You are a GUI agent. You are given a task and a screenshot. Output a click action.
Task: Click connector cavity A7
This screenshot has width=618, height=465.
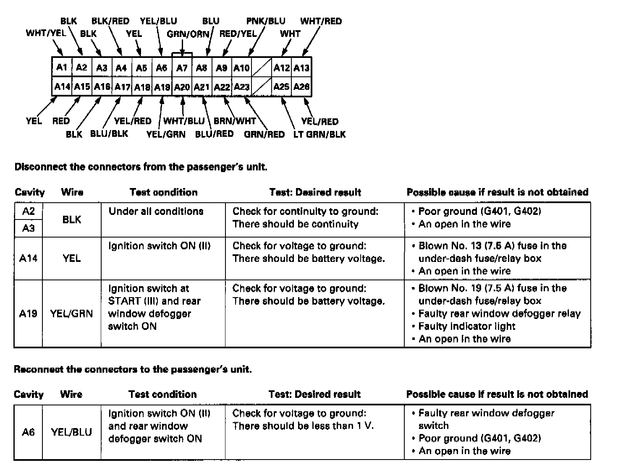182,68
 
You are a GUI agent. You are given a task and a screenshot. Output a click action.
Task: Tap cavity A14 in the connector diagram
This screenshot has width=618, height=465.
62,87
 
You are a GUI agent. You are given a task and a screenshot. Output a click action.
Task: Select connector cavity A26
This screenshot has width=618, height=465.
301,87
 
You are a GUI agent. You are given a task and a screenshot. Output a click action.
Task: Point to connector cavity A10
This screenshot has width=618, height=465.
241,68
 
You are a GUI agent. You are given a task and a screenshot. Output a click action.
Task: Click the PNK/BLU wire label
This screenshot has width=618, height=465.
266,21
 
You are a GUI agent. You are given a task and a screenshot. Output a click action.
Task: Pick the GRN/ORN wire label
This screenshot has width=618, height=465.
188,34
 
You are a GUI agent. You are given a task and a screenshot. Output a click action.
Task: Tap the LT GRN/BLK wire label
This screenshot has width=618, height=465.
319,134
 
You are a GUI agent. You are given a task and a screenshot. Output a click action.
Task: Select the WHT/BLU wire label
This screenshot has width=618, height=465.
183,121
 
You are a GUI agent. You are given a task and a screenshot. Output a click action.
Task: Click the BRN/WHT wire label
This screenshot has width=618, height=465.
235,121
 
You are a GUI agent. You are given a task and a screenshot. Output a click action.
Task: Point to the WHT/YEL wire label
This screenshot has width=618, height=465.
46,33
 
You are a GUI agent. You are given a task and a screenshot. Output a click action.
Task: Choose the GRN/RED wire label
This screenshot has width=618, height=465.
264,134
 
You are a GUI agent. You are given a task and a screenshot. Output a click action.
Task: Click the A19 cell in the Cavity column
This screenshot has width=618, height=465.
28,313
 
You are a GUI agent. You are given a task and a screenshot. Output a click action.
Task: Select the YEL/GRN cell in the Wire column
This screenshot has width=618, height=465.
71,313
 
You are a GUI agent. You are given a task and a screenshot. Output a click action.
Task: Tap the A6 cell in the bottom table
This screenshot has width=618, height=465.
28,432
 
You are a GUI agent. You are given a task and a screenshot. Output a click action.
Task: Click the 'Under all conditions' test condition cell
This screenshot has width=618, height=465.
156,211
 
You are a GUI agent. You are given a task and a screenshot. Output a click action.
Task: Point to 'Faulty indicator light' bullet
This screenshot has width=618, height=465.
466,326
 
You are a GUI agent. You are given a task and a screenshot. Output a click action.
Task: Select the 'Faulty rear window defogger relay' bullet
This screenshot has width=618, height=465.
499,313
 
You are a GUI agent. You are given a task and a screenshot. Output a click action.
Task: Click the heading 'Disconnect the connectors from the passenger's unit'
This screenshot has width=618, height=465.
141,167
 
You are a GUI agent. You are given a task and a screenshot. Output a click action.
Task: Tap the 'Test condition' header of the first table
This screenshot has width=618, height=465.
163,192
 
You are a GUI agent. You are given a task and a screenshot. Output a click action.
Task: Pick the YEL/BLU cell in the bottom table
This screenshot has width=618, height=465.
71,432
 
